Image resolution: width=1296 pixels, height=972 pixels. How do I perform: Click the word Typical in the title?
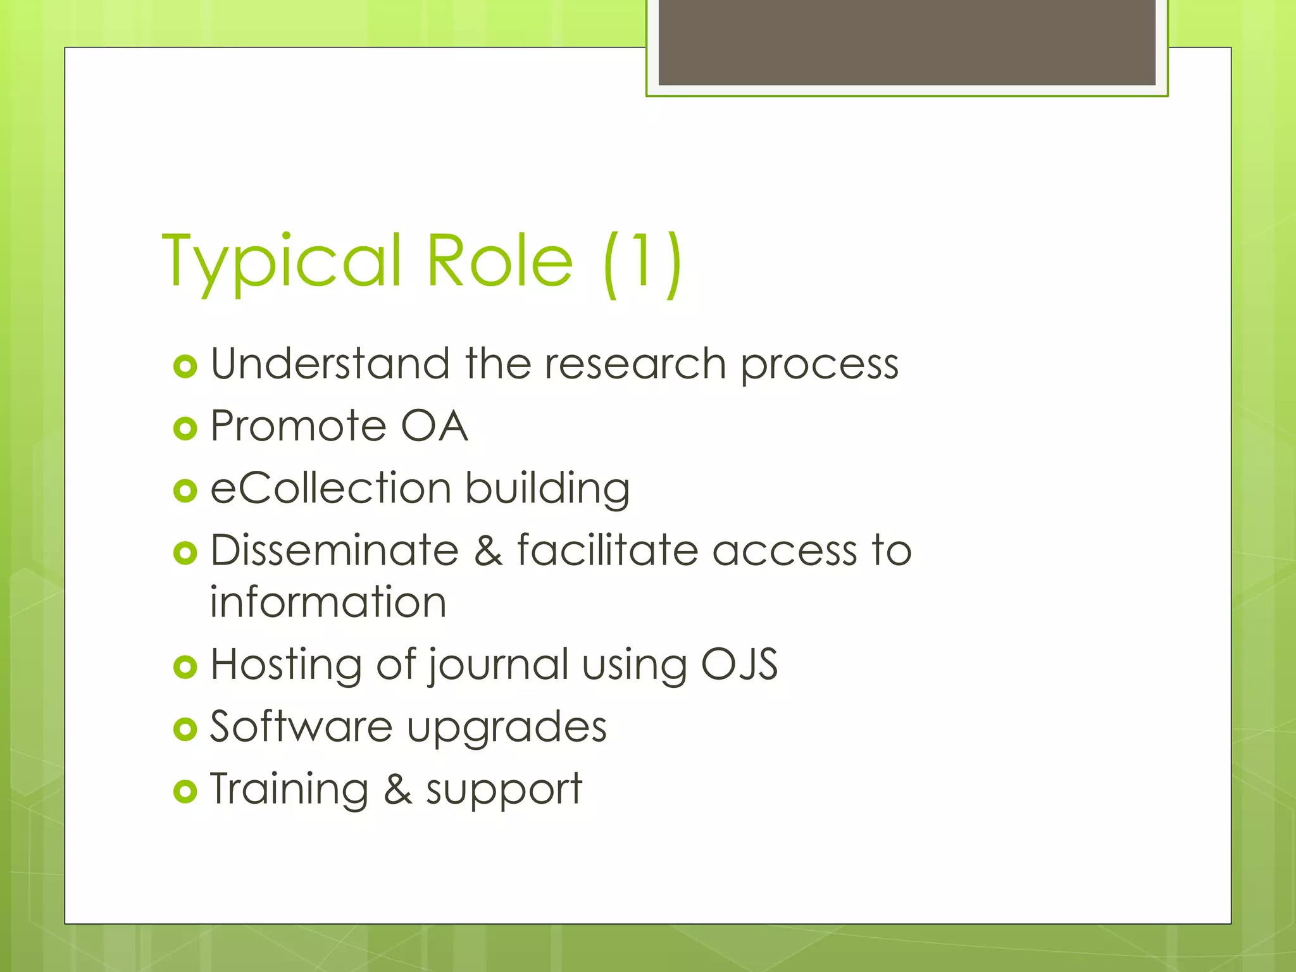(x=282, y=261)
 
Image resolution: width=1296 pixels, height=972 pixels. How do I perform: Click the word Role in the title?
(x=499, y=260)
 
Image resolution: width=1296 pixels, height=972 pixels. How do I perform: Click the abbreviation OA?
(x=434, y=426)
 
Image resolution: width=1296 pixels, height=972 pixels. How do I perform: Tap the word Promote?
(x=298, y=426)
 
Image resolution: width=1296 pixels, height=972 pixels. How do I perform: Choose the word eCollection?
(x=330, y=488)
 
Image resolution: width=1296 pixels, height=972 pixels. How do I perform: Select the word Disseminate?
(x=335, y=550)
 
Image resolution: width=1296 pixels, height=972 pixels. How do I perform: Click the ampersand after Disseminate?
(x=488, y=551)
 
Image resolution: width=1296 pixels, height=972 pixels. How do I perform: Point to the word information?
(x=328, y=602)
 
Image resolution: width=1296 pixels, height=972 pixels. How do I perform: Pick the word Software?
(x=301, y=726)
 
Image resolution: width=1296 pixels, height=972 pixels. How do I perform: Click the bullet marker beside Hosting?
(x=185, y=667)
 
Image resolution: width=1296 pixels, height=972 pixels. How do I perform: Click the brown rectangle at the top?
(x=907, y=42)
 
